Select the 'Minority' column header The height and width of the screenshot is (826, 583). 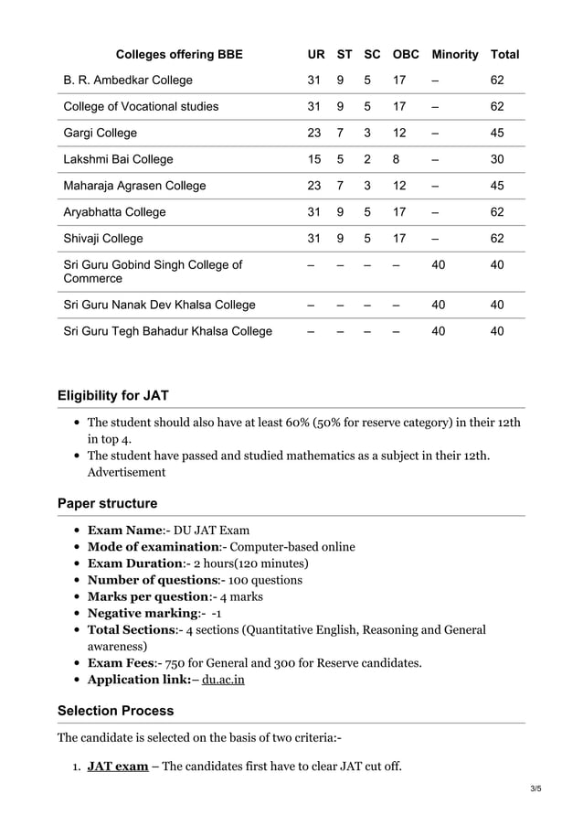coord(454,54)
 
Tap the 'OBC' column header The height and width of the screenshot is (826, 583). coord(406,54)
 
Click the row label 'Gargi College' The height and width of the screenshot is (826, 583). coord(101,133)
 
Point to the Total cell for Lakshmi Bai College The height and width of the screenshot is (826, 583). coord(497,159)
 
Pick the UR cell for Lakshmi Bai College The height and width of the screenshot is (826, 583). coord(314,159)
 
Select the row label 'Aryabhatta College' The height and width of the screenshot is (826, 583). coord(114,212)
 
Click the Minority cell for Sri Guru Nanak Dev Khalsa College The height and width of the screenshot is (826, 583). coord(439,305)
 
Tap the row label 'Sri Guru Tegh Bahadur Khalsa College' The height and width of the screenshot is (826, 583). coord(167,331)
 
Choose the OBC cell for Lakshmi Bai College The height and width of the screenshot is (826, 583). coord(398,159)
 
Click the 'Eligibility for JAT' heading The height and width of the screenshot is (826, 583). coord(112,396)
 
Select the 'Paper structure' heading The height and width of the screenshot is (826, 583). coord(107,503)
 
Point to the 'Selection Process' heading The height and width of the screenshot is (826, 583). coord(115,711)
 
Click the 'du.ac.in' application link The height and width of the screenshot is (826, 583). coord(223,680)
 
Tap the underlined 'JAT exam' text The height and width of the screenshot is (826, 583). coord(117,766)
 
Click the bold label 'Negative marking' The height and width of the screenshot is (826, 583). coord(143,613)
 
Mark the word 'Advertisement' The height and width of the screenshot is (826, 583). coord(126,472)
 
